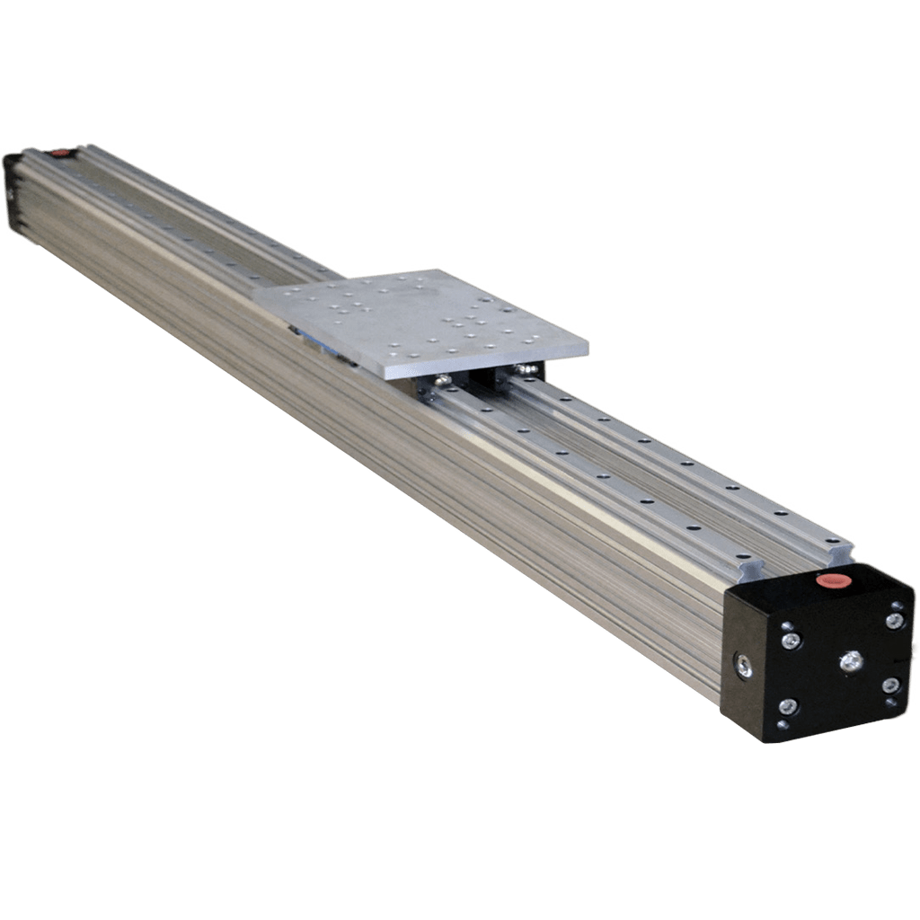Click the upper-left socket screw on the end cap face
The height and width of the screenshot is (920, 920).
(x=791, y=641)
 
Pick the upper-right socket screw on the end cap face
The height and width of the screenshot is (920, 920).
(x=894, y=621)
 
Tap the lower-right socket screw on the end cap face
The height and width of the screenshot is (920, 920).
(x=889, y=686)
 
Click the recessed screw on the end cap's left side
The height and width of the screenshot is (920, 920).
(x=744, y=666)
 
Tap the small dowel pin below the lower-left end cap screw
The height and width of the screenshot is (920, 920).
(x=783, y=723)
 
